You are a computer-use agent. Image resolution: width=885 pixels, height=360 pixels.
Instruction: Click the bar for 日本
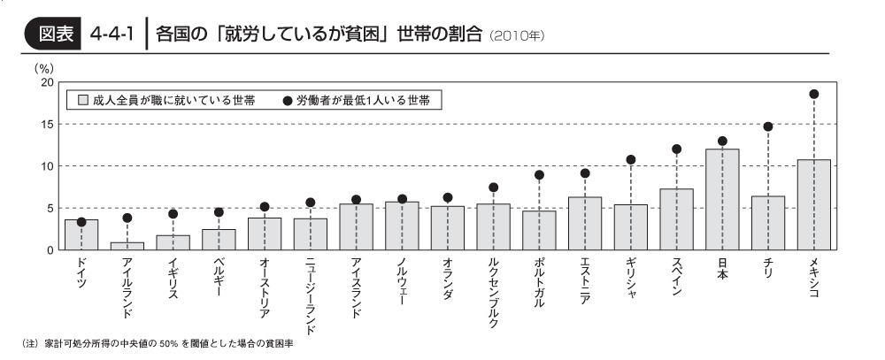pos(722,200)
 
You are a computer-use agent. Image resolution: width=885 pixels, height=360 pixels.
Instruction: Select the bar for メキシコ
pos(813,205)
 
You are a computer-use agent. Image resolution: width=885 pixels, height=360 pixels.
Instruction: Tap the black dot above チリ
pos(768,126)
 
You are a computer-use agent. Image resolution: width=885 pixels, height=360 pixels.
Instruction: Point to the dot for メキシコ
pos(813,94)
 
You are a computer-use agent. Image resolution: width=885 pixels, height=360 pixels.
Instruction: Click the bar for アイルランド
pos(127,246)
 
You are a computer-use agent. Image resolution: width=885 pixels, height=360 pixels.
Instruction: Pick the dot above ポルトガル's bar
pos(539,175)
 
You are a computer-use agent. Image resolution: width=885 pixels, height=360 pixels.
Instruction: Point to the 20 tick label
pos(47,82)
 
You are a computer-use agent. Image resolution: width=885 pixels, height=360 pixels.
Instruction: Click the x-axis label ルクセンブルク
pos(493,292)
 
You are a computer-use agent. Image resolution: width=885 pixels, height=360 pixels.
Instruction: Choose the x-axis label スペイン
pos(676,277)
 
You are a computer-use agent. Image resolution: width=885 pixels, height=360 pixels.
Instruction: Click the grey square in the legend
pos(83,101)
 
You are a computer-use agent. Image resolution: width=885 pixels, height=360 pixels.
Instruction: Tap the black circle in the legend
pos(288,101)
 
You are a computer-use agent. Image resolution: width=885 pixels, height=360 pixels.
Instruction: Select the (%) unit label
pos(43,66)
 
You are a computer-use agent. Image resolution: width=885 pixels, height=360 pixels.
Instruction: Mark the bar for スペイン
pos(676,219)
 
